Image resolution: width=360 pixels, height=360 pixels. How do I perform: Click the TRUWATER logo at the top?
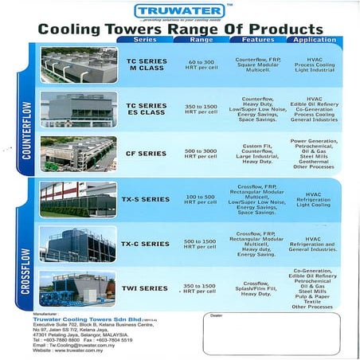179,11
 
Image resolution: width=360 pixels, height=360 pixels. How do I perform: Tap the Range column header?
202,40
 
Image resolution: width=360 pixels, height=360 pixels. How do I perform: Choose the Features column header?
256,40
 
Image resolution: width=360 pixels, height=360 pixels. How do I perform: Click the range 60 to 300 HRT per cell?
201,65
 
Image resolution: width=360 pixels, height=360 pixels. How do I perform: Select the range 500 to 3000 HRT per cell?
201,154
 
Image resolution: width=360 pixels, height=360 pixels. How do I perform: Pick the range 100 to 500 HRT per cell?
201,199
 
